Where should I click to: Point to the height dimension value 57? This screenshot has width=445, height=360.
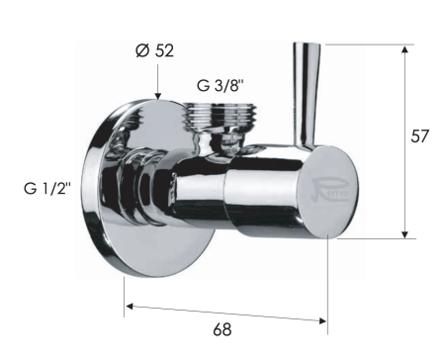tap(419, 137)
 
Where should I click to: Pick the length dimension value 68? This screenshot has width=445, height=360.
tap(223, 327)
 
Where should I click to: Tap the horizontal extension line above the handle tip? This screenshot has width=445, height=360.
tap(366, 44)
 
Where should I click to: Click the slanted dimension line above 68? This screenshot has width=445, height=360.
tap(225, 312)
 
